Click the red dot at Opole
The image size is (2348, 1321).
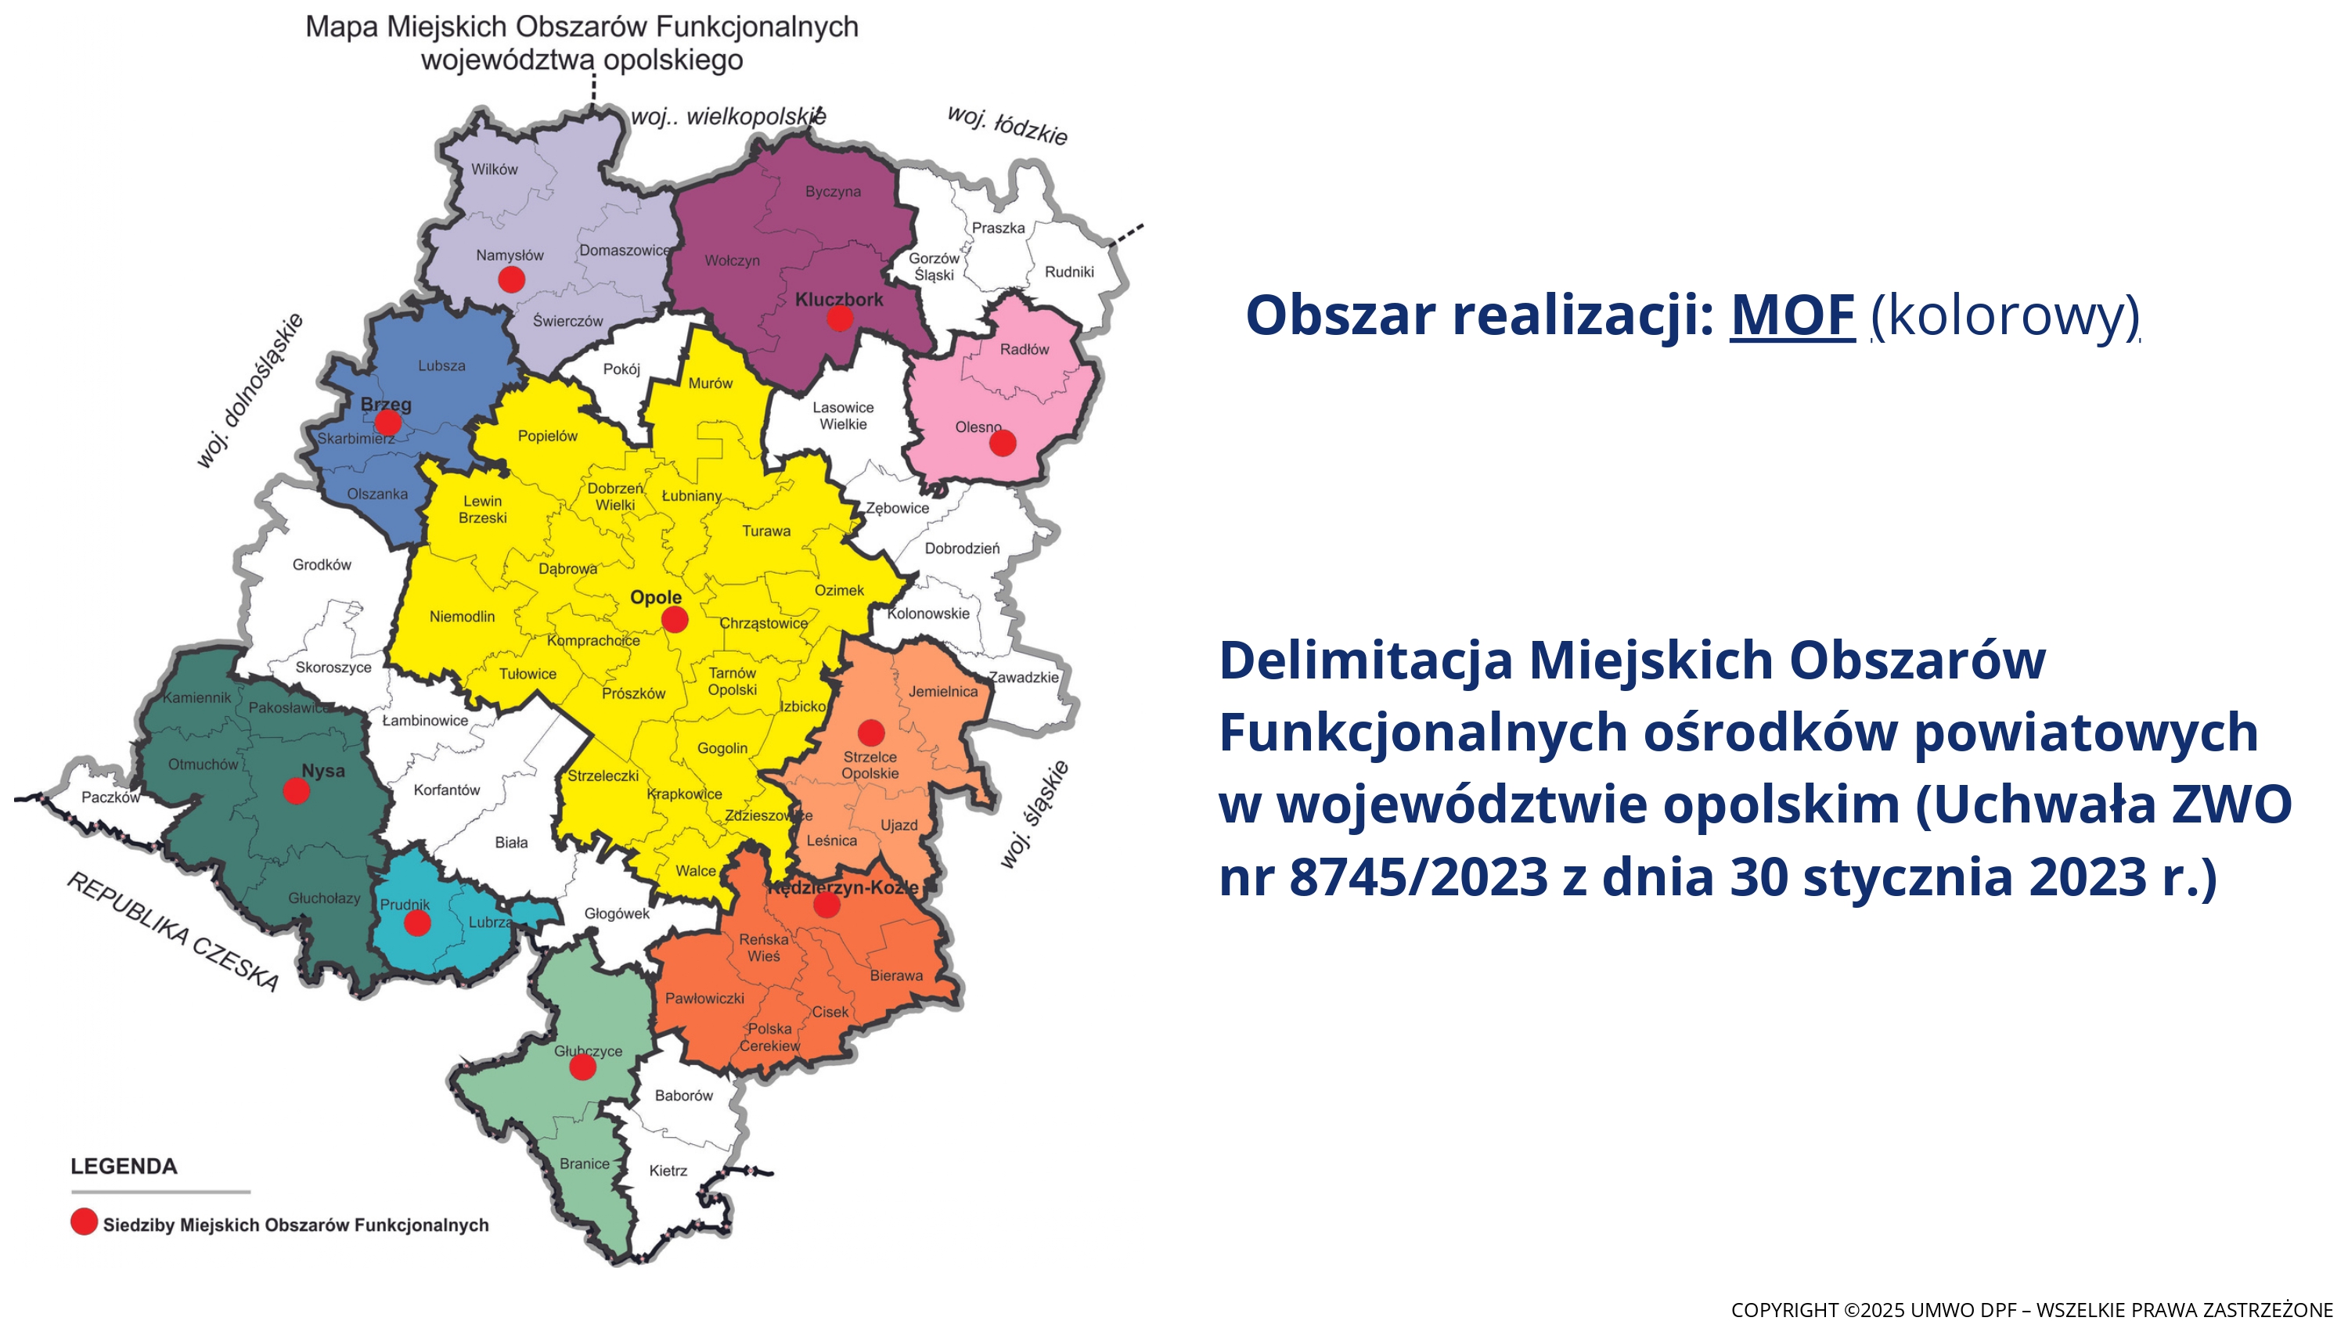[675, 620]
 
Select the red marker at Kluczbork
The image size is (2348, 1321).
[840, 319]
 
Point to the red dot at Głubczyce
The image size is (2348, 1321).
[582, 1067]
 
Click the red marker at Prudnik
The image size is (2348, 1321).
[417, 923]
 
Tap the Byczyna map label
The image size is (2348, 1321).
[833, 192]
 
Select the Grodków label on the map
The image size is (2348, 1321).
[322, 565]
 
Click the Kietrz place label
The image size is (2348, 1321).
[668, 1171]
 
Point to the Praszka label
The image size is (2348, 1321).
[998, 228]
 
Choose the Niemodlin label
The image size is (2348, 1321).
[462, 617]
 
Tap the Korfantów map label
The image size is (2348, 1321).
[447, 790]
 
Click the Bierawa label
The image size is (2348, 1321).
[896, 975]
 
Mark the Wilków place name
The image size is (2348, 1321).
[494, 170]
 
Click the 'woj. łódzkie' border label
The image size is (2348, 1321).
[1007, 126]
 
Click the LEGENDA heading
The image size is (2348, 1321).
[124, 1167]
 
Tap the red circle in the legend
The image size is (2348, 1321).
[84, 1222]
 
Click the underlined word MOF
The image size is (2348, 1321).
[1793, 315]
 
